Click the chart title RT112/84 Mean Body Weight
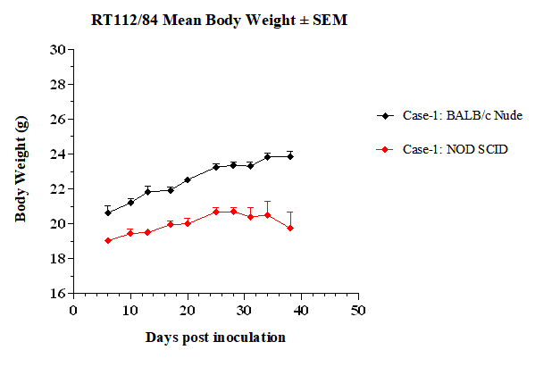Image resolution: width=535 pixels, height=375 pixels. (219, 21)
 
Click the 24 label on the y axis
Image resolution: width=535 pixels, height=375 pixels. (58, 154)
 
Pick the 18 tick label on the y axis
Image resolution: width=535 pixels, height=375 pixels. (58, 259)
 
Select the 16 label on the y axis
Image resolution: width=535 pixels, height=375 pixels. (58, 294)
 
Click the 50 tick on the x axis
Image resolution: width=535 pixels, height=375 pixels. (358, 311)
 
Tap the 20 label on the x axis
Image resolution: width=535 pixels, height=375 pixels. (188, 311)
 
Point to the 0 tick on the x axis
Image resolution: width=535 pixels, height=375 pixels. (73, 311)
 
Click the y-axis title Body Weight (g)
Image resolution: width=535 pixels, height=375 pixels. (21, 169)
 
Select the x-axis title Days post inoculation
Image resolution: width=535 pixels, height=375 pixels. (215, 337)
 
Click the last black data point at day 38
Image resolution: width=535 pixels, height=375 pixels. (290, 156)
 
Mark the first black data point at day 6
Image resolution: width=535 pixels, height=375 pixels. (108, 212)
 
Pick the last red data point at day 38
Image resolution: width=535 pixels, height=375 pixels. (290, 229)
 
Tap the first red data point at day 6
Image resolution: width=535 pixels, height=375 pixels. (108, 240)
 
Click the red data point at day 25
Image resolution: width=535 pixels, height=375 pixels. (216, 212)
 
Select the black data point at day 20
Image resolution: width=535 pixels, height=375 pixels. (188, 179)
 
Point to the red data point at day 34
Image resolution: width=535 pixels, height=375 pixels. (268, 215)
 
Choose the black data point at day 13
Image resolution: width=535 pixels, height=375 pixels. (147, 192)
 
